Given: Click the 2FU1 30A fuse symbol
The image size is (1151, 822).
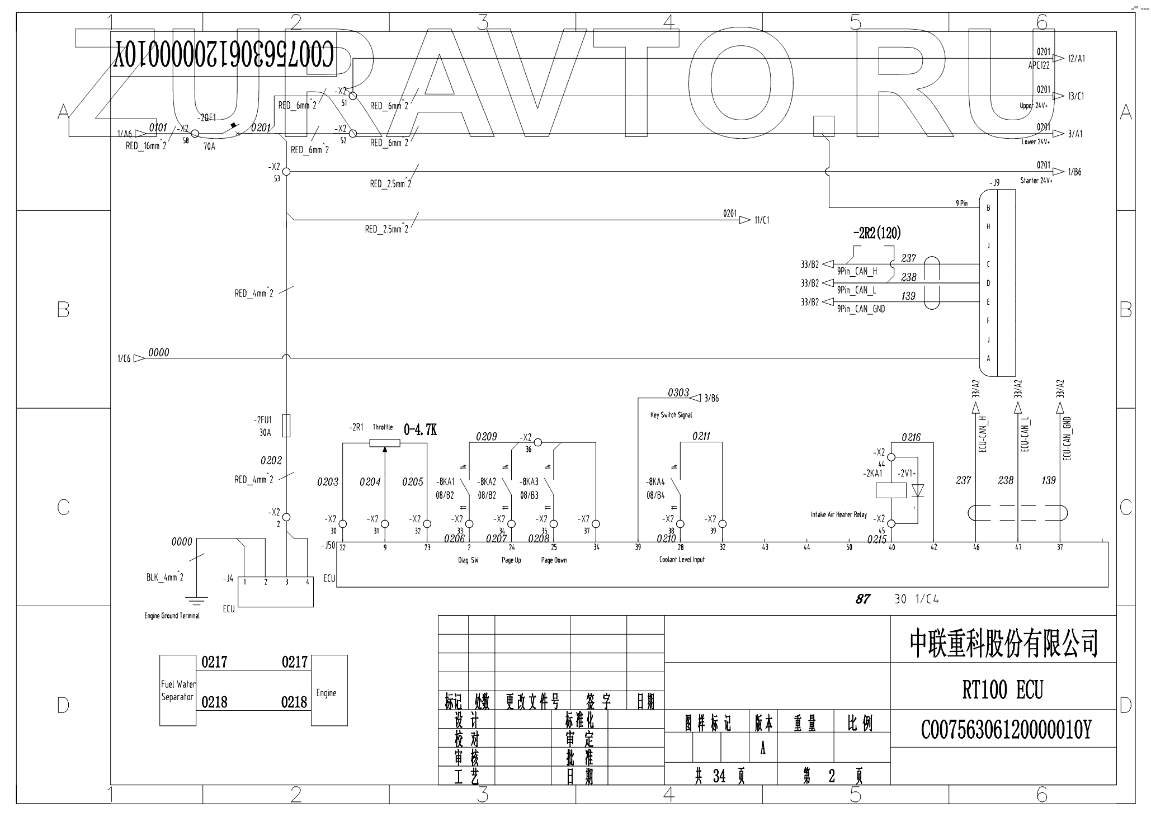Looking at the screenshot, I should pyautogui.click(x=286, y=426).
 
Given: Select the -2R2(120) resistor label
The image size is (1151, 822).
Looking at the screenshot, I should pyautogui.click(x=876, y=233).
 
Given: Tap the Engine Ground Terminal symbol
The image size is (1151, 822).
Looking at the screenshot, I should pyautogui.click(x=196, y=601).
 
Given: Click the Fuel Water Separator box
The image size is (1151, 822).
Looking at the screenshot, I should pyautogui.click(x=178, y=691).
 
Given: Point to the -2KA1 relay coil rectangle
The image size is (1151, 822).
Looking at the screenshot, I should pyautogui.click(x=890, y=490).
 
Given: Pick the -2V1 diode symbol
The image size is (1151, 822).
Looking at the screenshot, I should pyautogui.click(x=917, y=490).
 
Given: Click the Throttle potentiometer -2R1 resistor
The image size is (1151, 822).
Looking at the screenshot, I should pyautogui.click(x=385, y=443).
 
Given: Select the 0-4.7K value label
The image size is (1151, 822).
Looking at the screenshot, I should pyautogui.click(x=420, y=429).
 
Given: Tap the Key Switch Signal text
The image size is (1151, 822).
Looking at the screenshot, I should pyautogui.click(x=671, y=415).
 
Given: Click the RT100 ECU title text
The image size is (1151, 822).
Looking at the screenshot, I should pyautogui.click(x=1002, y=690).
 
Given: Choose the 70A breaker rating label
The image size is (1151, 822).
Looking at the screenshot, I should pyautogui.click(x=209, y=147).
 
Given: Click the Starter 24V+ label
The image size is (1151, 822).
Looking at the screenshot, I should pyautogui.click(x=1036, y=181).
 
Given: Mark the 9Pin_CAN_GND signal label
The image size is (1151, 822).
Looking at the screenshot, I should pyautogui.click(x=861, y=309).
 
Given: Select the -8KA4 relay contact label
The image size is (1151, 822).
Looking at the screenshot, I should pyautogui.click(x=655, y=481).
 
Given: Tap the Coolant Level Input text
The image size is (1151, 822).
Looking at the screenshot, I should pyautogui.click(x=682, y=560).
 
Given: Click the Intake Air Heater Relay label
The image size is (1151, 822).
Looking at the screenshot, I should pyautogui.click(x=838, y=514).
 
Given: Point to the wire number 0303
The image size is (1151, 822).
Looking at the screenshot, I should pyautogui.click(x=678, y=393).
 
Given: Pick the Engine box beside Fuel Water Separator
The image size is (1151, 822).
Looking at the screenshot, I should pyautogui.click(x=329, y=691).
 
